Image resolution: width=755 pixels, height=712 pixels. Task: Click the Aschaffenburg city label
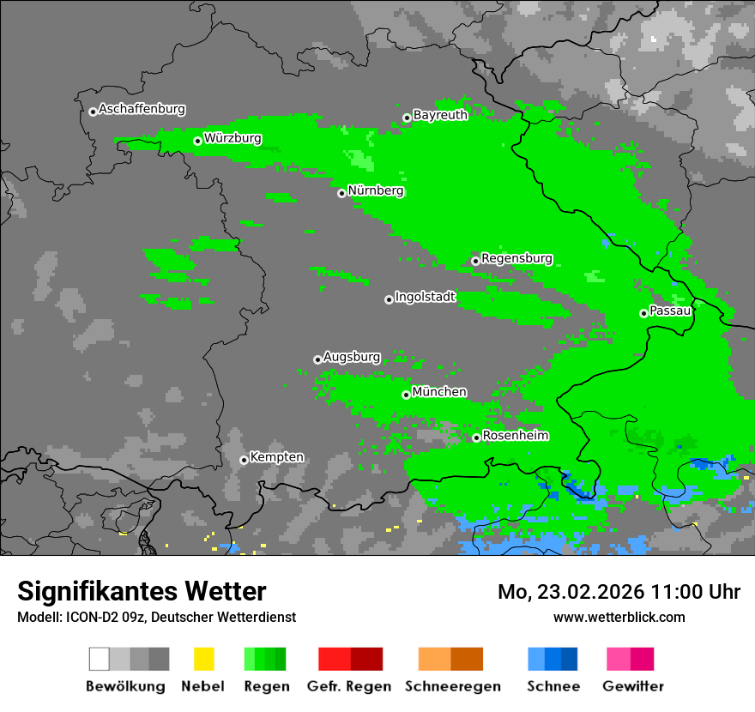(142, 110)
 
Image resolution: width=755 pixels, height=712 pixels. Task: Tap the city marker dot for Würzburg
(197, 141)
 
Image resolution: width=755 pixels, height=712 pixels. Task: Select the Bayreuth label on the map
(440, 115)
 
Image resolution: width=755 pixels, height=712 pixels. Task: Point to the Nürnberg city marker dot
(341, 193)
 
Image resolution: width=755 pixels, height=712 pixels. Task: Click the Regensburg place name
(516, 258)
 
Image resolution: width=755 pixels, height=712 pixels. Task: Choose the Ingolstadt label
(425, 297)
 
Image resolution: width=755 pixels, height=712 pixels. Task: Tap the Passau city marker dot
(643, 313)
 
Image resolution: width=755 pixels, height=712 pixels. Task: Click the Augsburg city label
(352, 357)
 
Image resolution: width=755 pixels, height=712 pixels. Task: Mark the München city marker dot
(406, 395)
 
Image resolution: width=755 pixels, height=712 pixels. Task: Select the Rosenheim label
(515, 436)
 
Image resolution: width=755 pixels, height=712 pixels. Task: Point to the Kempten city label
(276, 457)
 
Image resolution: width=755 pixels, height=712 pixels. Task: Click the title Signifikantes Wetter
(142, 591)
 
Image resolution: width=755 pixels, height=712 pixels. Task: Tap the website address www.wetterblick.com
(619, 617)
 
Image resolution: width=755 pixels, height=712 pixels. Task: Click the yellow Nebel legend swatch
(203, 659)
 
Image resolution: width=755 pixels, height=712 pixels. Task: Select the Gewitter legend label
(632, 686)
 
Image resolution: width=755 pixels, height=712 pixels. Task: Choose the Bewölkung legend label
(125, 686)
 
